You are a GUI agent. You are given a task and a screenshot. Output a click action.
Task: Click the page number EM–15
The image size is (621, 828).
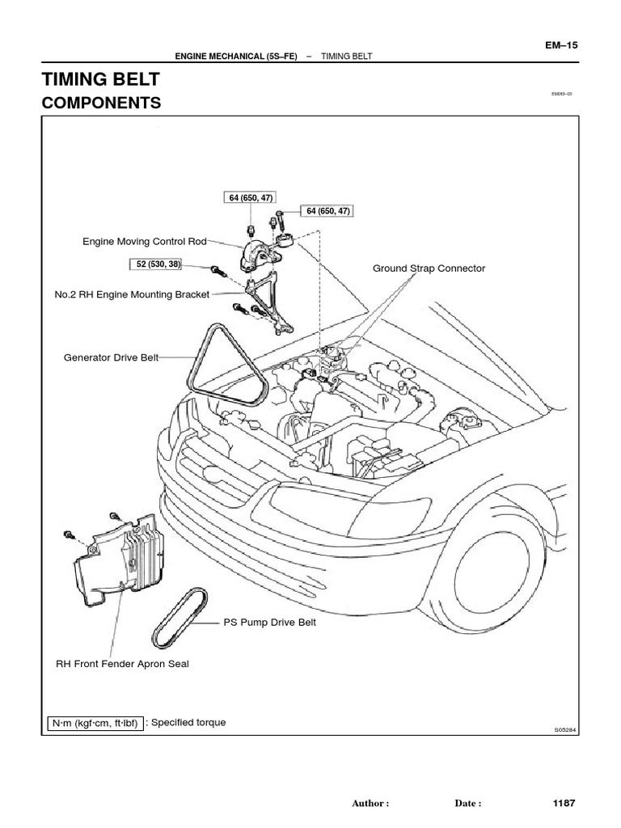pos(562,45)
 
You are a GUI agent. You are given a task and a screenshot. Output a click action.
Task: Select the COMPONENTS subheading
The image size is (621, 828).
pos(100,103)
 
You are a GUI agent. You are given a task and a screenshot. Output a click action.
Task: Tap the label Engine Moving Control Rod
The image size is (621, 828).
pos(144,241)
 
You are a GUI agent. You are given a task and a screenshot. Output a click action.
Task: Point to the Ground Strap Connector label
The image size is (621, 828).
pos(429,268)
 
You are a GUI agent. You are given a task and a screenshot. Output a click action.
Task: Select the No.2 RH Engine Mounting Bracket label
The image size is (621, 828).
pos(132,294)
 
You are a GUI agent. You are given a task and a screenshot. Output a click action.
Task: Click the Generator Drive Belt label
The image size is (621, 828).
pos(111,356)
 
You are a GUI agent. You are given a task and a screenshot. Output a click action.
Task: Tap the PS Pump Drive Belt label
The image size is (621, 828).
pos(270,623)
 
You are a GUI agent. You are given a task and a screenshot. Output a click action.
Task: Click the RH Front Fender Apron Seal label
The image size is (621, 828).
pos(122,664)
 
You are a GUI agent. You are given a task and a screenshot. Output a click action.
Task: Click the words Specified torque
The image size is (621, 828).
pos(188,723)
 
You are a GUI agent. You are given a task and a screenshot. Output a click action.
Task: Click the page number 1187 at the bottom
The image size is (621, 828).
pos(564,803)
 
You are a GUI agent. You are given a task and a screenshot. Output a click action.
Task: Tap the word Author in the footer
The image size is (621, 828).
pos(370,804)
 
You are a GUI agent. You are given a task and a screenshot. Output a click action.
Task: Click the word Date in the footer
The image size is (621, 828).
pos(468,804)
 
